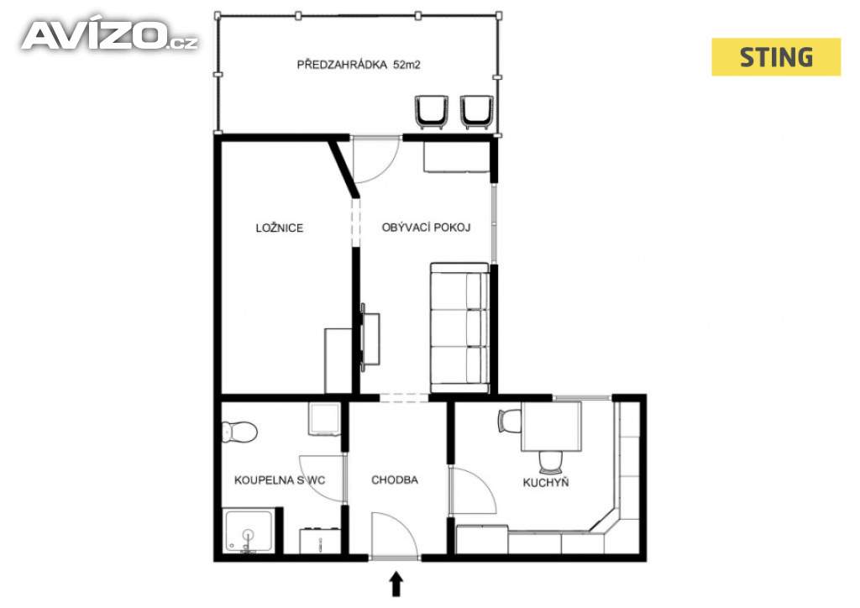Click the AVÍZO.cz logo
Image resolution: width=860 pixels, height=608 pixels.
[x=109, y=36]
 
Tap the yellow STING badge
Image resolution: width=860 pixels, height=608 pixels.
[x=775, y=57]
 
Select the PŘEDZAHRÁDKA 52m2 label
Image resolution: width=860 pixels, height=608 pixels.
[x=359, y=64]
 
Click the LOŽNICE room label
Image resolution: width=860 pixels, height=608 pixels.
[x=279, y=228]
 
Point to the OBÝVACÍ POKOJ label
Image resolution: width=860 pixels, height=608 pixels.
[x=426, y=227]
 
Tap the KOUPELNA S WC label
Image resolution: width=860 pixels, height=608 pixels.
[x=280, y=480]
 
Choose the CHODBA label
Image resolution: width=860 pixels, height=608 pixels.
[x=395, y=480]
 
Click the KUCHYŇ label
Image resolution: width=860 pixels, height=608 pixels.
[x=546, y=482]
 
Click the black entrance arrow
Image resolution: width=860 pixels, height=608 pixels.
[x=396, y=584]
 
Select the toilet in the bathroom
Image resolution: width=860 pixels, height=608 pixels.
[x=239, y=431]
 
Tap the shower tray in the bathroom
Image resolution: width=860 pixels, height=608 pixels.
[x=249, y=532]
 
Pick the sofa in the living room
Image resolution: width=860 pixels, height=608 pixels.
[x=459, y=328]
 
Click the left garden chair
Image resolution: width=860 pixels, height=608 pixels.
[x=432, y=112]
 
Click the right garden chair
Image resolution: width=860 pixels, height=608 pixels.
[x=477, y=112]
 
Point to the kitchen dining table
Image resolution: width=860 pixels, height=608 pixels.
[x=551, y=427]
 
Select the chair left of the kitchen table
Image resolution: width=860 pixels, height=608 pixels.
[x=510, y=421]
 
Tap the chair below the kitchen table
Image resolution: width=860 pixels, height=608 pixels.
[x=551, y=462]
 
